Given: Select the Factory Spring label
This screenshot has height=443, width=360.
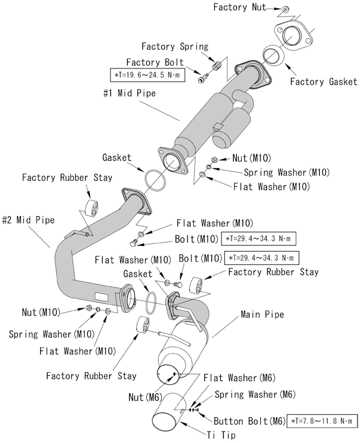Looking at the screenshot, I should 175,46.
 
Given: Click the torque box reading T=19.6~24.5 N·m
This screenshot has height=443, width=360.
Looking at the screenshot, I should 148,76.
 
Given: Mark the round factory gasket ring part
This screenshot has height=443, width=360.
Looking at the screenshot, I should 274,55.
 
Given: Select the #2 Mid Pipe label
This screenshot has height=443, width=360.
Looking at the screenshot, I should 28,220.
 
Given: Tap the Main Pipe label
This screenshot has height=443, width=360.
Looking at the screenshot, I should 262,314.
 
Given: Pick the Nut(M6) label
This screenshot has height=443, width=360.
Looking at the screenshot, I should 144,397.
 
